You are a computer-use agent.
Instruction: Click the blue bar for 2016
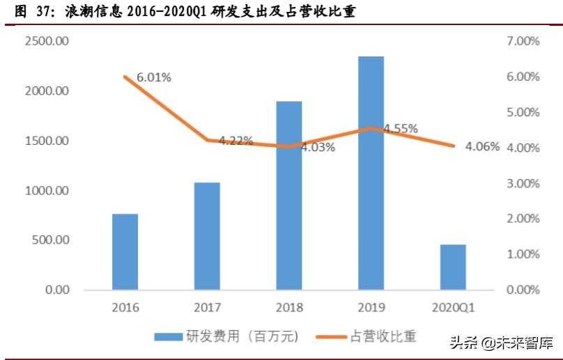[125, 251]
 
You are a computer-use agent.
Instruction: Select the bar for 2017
[207, 236]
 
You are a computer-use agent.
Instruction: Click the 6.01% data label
[154, 77]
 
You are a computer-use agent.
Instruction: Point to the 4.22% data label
[236, 141]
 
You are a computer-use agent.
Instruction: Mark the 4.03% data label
[318, 147]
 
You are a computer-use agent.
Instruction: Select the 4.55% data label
[400, 128]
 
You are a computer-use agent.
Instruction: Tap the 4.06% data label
[482, 146]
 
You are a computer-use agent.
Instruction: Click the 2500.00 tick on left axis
[47, 41]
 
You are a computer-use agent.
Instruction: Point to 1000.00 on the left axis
[47, 190]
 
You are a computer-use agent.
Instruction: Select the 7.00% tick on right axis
[520, 41]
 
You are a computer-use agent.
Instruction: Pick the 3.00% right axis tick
[520, 183]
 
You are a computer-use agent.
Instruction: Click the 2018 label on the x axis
[289, 307]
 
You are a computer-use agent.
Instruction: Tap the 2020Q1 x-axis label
[453, 307]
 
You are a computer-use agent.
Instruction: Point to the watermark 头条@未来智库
[501, 343]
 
